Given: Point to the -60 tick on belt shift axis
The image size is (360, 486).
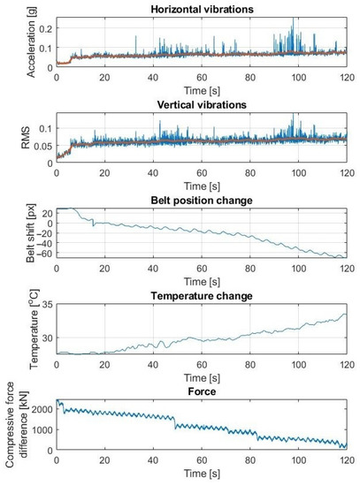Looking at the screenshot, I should point(42,253).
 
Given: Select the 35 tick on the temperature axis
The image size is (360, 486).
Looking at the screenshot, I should point(47,305).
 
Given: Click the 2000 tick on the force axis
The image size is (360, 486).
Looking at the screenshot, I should point(40,409).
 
